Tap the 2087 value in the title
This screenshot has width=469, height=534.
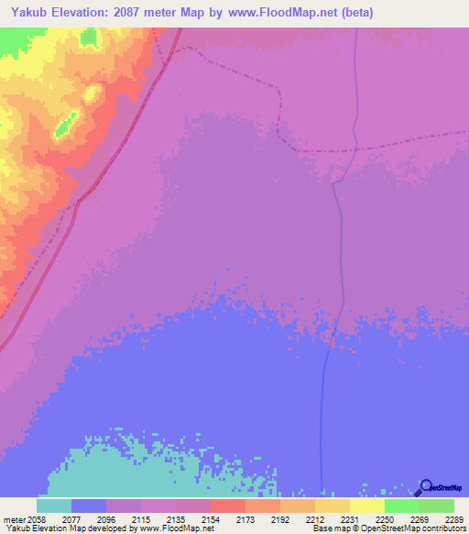130,13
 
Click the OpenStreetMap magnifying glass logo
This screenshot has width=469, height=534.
424,488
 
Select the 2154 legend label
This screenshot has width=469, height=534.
210,518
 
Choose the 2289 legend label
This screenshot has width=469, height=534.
453,518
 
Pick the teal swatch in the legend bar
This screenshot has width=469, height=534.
53,506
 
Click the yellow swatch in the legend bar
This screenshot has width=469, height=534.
366,506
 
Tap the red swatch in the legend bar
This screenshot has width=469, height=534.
227,506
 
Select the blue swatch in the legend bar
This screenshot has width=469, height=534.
88,506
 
